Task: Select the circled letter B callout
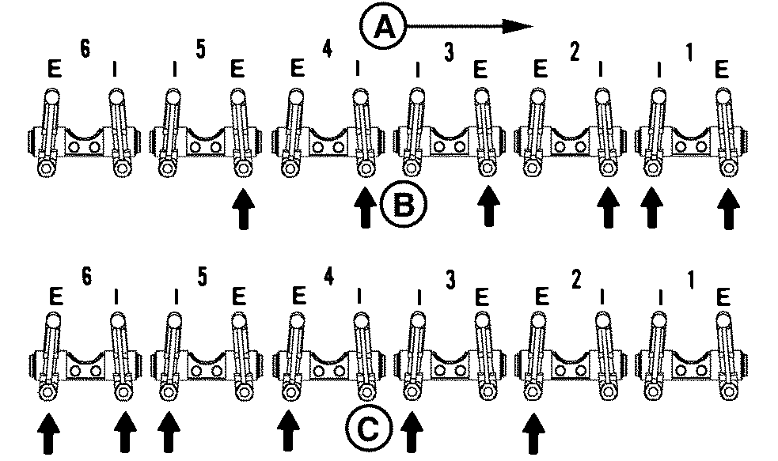tap(404, 207)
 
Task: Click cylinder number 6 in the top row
tap(84, 48)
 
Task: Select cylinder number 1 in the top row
tap(689, 53)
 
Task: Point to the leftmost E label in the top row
tap(53, 70)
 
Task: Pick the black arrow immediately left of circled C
tap(289, 432)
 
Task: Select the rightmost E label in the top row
tap(721, 70)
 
